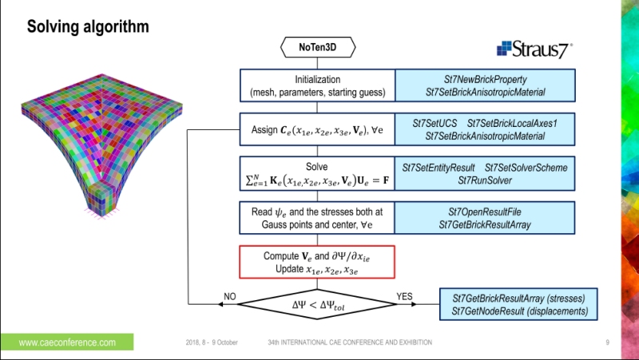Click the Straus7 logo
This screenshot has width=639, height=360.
(533, 49)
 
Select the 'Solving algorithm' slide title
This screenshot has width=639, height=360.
(88, 27)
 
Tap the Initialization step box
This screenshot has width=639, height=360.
(317, 86)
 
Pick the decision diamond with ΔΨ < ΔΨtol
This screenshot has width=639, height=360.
(317, 304)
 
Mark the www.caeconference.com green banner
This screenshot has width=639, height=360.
(67, 342)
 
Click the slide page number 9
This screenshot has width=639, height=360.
(607, 342)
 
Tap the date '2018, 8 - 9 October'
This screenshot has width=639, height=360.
(211, 342)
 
